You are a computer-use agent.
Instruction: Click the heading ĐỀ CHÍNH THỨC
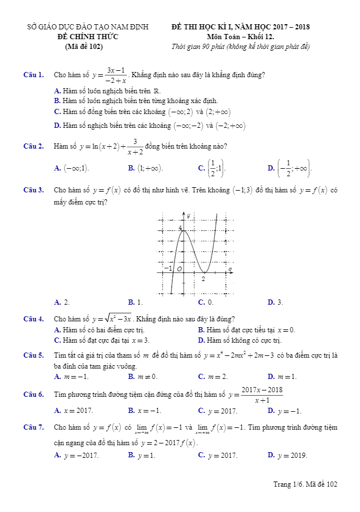click(x=88, y=37)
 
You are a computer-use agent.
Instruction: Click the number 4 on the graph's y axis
click(x=180, y=229)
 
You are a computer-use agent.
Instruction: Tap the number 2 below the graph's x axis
click(x=203, y=279)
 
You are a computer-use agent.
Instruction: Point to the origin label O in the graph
click(x=179, y=269)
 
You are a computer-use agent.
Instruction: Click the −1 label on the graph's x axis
click(x=168, y=268)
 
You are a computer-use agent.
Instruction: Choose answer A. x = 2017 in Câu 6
click(x=73, y=411)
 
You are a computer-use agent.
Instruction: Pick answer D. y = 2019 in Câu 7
click(x=287, y=456)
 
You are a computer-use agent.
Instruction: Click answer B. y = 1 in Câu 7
click(x=142, y=456)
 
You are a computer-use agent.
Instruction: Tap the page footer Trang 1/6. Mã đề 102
click(x=305, y=484)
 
